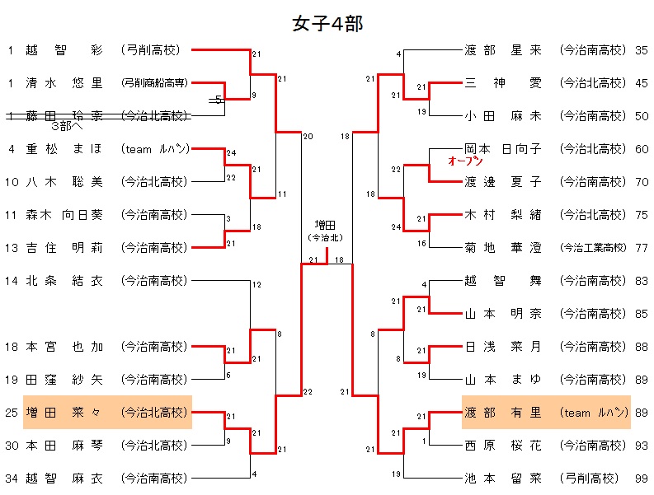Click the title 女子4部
click(x=327, y=24)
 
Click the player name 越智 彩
click(x=64, y=49)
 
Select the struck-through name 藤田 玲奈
click(x=64, y=115)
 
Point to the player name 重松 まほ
click(x=64, y=148)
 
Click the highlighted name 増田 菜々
click(x=64, y=412)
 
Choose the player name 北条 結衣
click(x=64, y=280)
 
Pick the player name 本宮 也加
click(x=64, y=346)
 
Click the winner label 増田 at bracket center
click(x=327, y=224)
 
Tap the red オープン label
click(x=464, y=161)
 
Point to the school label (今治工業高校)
click(x=593, y=247)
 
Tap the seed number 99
click(x=642, y=478)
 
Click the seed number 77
click(x=642, y=247)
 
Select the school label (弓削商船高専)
click(x=155, y=82)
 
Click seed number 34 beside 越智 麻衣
click(x=12, y=478)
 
